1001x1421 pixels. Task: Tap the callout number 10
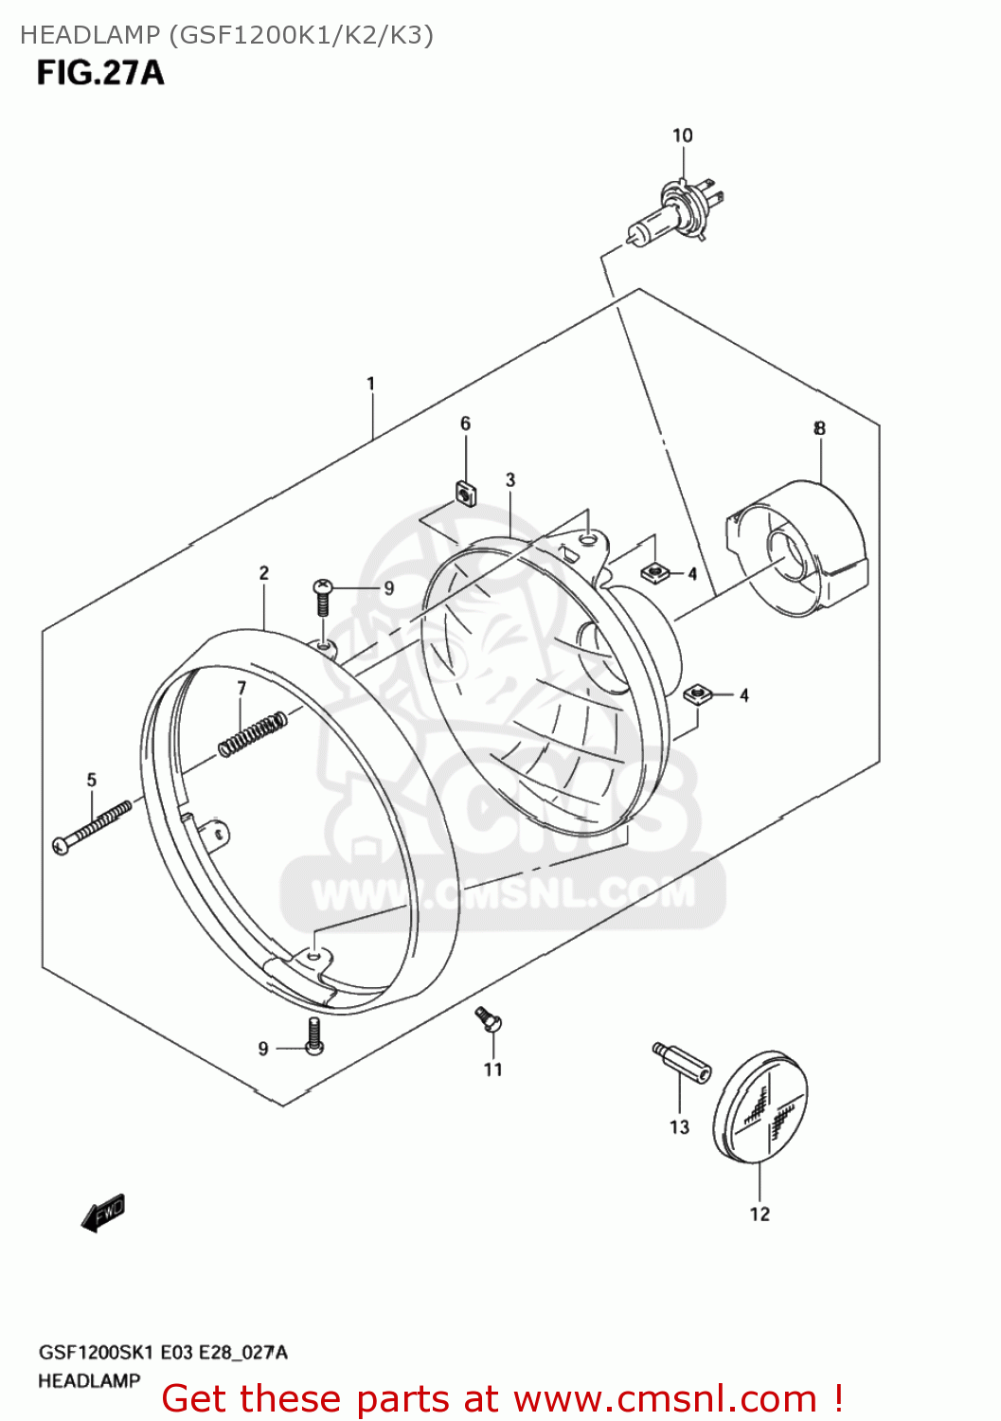tap(683, 135)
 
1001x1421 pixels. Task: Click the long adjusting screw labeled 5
tap(92, 827)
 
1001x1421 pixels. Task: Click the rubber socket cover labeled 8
tap(800, 549)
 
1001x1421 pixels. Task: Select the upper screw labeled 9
tap(322, 597)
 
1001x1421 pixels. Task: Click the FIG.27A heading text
tap(100, 73)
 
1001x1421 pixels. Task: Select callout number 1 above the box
tap(371, 384)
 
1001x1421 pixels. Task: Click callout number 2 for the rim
tap(264, 572)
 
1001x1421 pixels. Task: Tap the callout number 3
tap(510, 479)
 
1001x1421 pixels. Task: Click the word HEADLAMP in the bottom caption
tap(89, 1381)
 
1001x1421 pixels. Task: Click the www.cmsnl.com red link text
tap(665, 1398)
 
